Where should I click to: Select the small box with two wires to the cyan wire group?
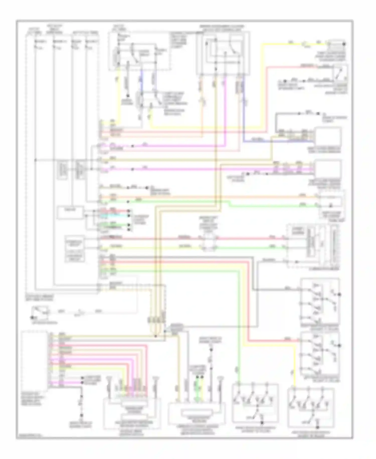click(x=70, y=212)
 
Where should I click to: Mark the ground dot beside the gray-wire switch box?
click(x=340, y=294)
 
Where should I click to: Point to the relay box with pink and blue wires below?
click(x=223, y=53)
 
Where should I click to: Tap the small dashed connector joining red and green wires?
click(x=208, y=242)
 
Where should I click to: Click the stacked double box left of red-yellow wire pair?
click(x=74, y=249)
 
